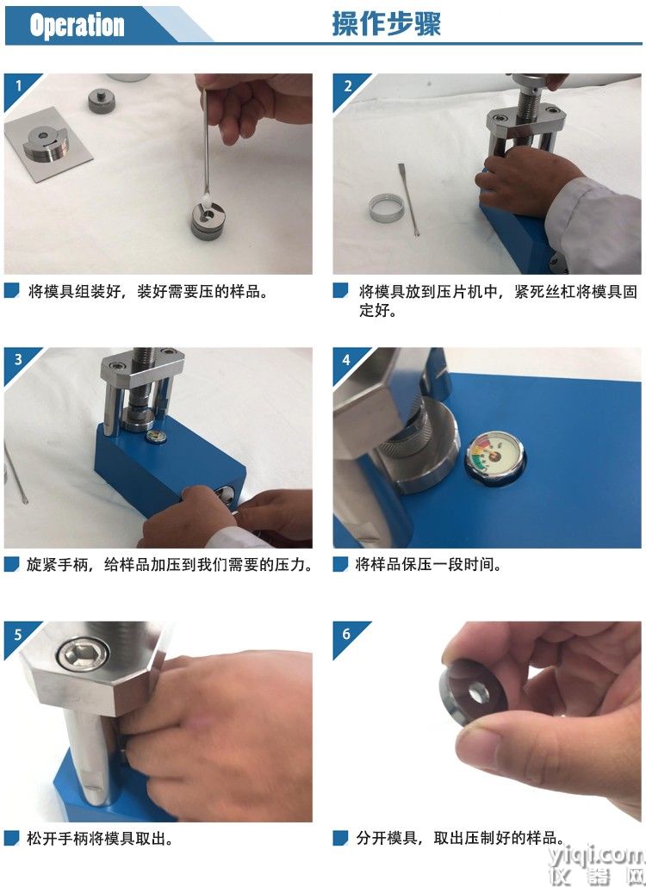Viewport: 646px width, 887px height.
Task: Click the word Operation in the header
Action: tap(77, 26)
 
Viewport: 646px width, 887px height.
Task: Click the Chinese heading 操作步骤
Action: tap(386, 24)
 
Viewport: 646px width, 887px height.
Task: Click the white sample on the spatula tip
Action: tap(205, 199)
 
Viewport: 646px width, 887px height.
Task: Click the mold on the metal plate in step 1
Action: tap(46, 142)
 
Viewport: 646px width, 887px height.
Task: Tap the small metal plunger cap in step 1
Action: tap(102, 100)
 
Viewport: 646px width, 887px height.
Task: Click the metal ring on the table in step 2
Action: tap(387, 208)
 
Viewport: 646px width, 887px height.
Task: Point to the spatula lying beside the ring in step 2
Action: tap(408, 199)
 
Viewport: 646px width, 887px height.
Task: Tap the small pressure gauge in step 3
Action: tap(156, 436)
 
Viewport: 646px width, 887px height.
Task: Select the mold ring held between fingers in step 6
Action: tap(472, 692)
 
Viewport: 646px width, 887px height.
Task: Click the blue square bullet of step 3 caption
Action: tap(11, 564)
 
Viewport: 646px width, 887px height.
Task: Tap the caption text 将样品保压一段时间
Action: tap(427, 565)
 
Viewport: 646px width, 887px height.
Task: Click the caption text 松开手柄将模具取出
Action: tap(99, 839)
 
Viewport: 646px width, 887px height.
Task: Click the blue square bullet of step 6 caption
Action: tap(340, 839)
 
